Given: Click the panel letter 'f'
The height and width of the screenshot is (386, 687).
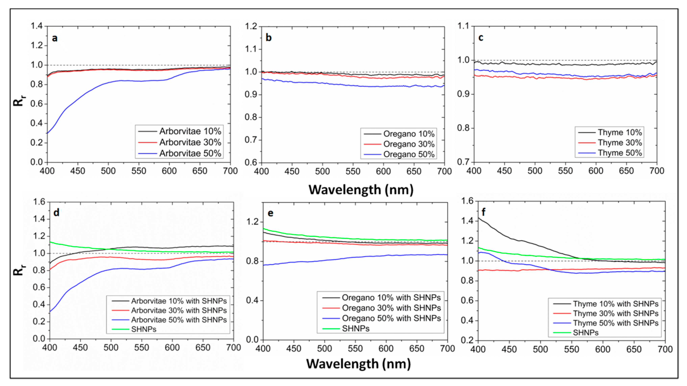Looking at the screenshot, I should [484, 212].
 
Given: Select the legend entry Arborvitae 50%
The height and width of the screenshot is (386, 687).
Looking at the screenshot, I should [190, 153].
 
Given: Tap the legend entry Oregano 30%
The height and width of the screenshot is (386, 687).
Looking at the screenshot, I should [409, 144].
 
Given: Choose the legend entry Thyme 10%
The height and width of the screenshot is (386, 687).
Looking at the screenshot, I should [620, 132].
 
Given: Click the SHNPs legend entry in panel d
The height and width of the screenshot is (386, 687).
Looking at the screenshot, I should [144, 329].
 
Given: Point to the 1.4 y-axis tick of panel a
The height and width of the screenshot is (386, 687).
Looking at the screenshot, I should [37, 26].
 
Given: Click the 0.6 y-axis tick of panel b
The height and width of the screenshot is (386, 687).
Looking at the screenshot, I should [251, 163].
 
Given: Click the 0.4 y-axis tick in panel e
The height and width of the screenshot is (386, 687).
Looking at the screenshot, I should [252, 300].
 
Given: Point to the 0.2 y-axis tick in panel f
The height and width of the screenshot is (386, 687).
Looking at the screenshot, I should [467, 340].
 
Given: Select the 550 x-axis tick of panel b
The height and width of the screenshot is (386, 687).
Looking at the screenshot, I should [353, 171].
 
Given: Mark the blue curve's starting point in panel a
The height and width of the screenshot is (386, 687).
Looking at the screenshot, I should [47, 133].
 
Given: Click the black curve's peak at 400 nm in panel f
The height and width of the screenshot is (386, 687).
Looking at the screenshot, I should [478, 218].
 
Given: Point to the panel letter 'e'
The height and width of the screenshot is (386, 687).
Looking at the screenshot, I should [270, 213].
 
